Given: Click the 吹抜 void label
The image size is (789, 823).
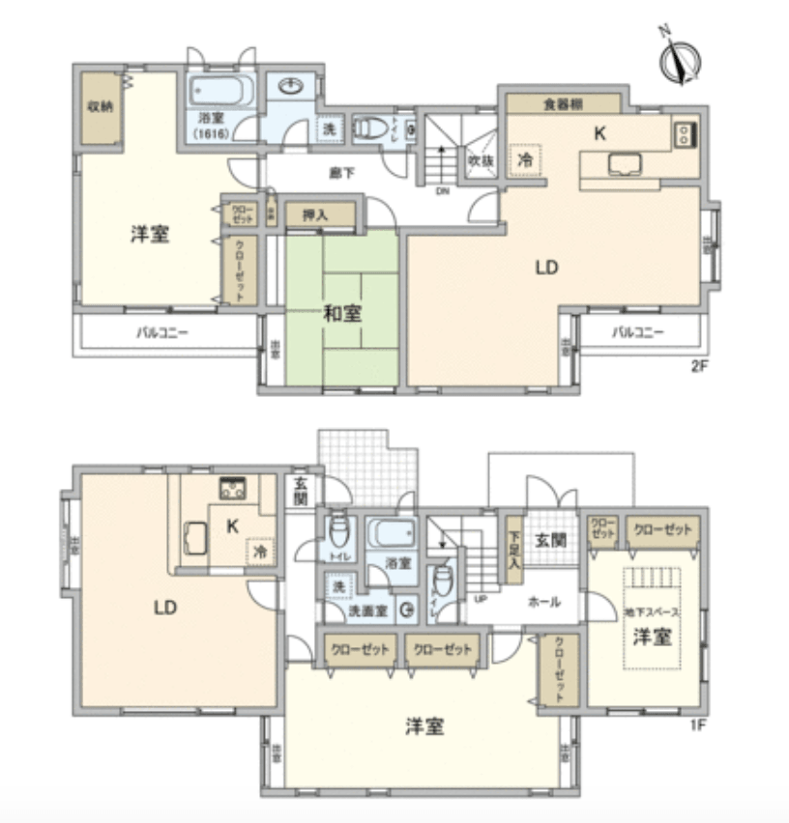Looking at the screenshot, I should click(x=480, y=159).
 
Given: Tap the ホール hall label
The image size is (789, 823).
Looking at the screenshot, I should click(x=544, y=601).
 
